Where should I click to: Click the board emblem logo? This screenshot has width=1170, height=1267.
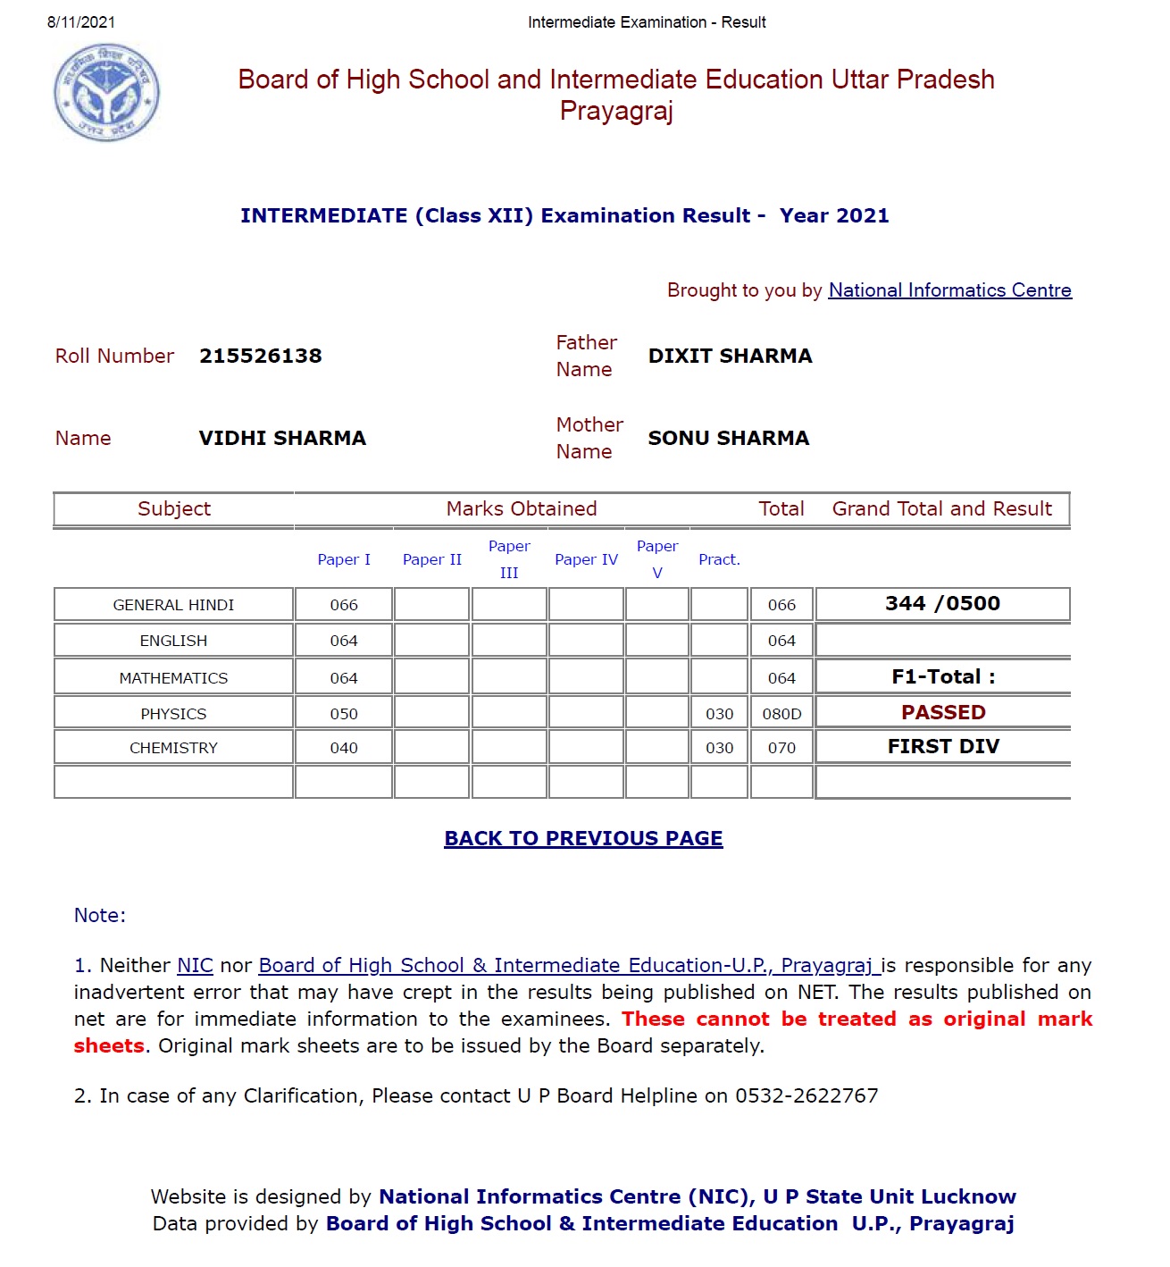coord(106,93)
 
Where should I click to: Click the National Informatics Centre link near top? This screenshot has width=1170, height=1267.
coord(949,290)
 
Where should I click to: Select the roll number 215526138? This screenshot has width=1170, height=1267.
coord(260,357)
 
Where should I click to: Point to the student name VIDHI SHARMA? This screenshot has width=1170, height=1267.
coord(282,439)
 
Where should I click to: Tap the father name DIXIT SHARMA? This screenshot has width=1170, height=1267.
coord(730,357)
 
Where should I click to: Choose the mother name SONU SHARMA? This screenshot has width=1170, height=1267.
coord(728,439)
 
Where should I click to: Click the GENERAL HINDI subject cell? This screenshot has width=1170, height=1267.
coord(173,605)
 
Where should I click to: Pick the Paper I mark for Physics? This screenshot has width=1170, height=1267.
coord(344,714)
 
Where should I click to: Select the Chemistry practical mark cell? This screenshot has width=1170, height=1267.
coord(719,748)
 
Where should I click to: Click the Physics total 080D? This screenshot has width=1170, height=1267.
coord(781,714)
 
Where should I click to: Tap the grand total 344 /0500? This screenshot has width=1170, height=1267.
coord(942,604)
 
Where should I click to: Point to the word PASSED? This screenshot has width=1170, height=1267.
coord(943,712)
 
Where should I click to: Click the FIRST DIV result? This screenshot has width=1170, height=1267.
coord(943,747)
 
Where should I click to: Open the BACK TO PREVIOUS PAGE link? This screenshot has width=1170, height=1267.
coord(583,839)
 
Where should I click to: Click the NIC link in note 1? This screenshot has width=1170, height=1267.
coord(195,966)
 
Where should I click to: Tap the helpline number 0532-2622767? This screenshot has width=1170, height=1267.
coord(806,1096)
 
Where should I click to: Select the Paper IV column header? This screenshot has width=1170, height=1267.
coord(586,560)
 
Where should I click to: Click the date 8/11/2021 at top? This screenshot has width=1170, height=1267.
coord(81,22)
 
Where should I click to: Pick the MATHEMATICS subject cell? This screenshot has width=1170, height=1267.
coord(173,678)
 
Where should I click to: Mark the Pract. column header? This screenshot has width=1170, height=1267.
coord(719,560)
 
